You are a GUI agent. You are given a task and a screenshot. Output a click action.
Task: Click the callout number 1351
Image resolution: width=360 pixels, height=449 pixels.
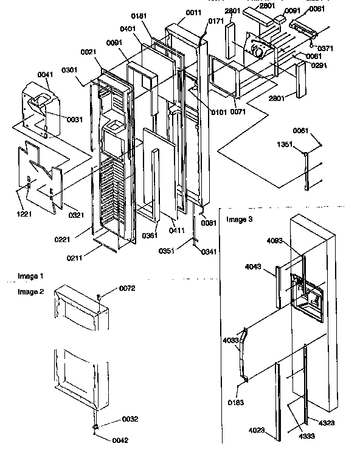point(286,145)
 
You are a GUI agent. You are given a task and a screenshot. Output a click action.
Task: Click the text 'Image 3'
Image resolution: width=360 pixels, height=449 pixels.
point(238,219)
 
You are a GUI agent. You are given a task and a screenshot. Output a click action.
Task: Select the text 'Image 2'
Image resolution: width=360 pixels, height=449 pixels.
point(30,292)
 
